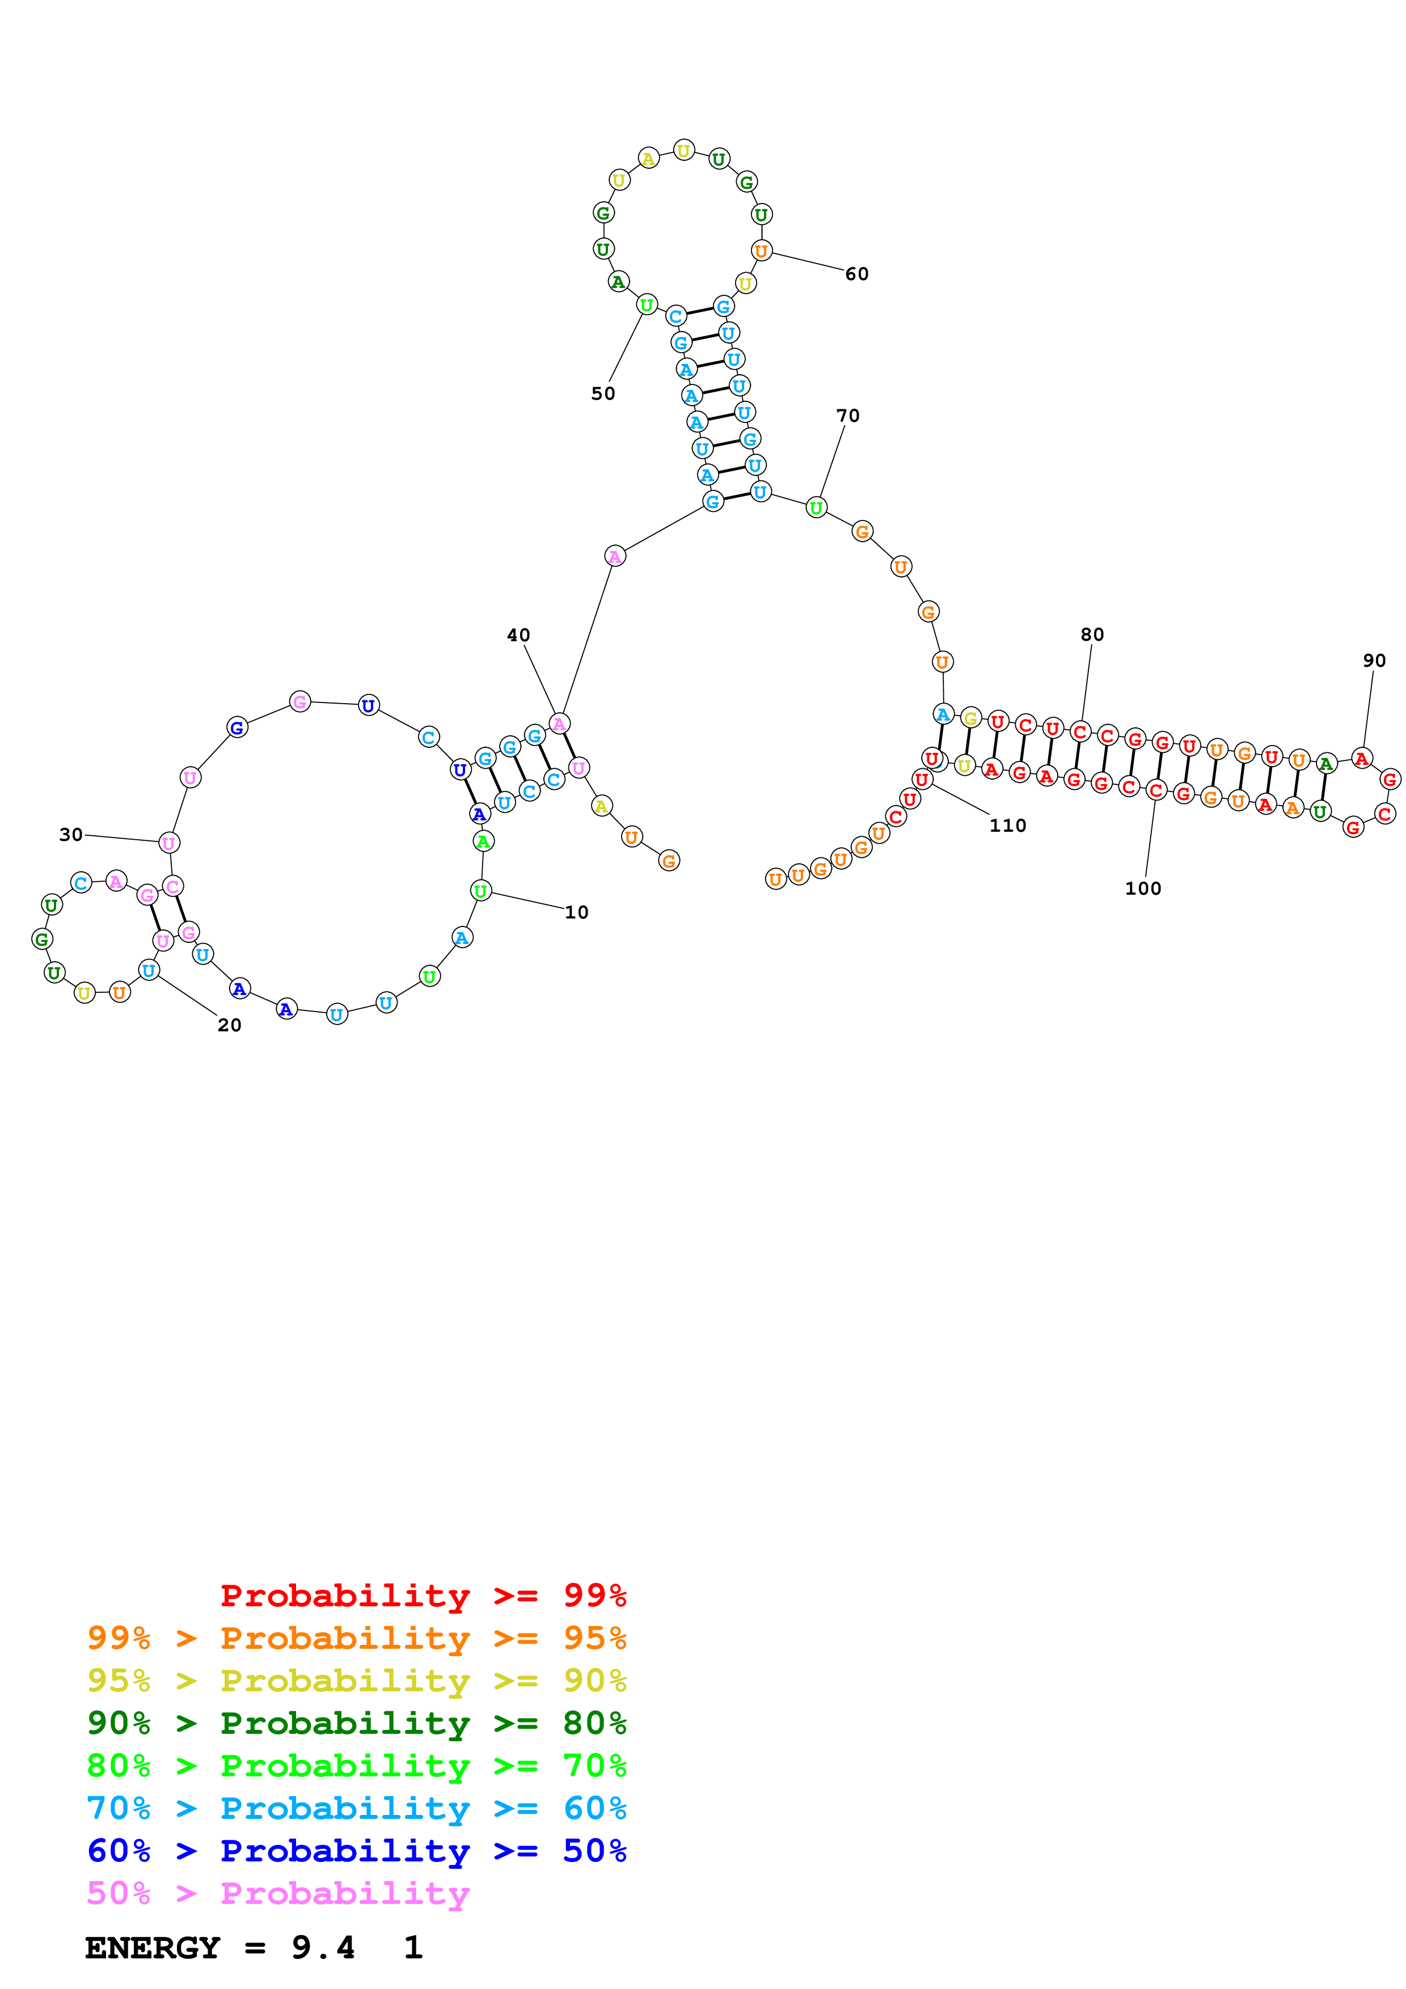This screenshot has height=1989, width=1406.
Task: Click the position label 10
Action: coord(576,912)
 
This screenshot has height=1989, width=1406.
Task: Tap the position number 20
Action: coord(229,1025)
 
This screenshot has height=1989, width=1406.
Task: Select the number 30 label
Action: coord(70,834)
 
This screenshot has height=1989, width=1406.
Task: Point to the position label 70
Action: coord(847,416)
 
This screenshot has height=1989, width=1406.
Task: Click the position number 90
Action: coord(1374,660)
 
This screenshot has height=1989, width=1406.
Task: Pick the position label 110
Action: coord(1007,826)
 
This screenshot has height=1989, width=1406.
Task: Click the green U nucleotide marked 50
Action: coord(646,305)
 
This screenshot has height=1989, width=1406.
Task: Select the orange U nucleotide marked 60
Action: coord(761,251)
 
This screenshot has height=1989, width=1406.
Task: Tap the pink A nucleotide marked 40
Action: coord(560,723)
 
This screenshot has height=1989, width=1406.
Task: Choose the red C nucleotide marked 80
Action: coord(1079,732)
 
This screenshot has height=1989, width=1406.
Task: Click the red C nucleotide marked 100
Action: coord(1156,790)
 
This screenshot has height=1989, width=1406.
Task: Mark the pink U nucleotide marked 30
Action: coord(169,843)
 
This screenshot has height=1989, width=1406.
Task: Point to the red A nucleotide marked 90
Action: coord(1362,759)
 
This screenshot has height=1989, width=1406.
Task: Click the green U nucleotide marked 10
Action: coord(481,891)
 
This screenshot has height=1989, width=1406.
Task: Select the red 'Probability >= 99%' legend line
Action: coord(423,1595)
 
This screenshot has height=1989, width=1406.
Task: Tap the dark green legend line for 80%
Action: coord(356,1723)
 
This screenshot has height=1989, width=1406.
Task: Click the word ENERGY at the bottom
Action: coord(153,1948)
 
